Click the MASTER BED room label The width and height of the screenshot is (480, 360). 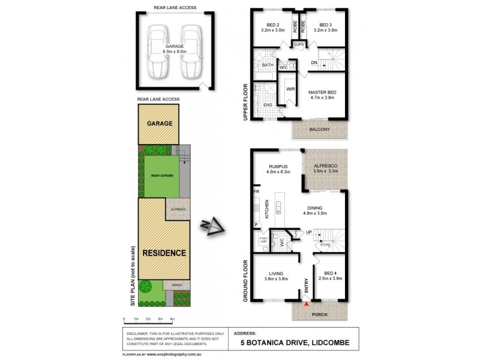322,92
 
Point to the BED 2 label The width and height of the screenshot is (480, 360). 272,25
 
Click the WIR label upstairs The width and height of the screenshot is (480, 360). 290,89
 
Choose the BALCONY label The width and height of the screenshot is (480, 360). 320,130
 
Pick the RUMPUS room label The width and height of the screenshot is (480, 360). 279,166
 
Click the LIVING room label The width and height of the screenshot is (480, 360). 277,273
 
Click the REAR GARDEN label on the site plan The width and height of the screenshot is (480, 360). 160,177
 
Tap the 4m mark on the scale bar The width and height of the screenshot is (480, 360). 172,319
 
